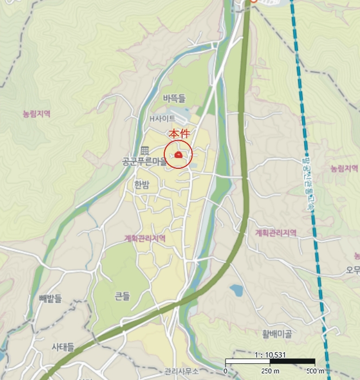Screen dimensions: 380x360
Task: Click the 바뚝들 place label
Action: pos(174,98)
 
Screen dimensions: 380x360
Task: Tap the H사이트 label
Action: pos(163,118)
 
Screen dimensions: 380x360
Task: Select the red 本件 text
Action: pos(178,134)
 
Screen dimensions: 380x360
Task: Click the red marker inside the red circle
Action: pos(178,156)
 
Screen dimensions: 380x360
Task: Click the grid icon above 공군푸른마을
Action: pos(144,150)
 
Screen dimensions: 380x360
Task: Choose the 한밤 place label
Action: pos(142,185)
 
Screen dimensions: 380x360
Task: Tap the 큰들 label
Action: pos(123,296)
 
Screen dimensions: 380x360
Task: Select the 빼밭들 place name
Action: pos(50,299)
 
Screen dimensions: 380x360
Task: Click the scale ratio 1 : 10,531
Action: pos(269,355)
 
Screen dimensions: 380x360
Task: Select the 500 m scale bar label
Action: pos(315,371)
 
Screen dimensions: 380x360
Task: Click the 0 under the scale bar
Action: pos(225,371)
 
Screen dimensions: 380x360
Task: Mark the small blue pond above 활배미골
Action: pos(236,290)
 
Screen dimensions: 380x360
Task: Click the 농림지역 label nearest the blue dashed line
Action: pos(344,168)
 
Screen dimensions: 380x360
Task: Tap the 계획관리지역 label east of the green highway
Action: pos(276,233)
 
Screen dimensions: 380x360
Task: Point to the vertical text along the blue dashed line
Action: pos(307,185)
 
